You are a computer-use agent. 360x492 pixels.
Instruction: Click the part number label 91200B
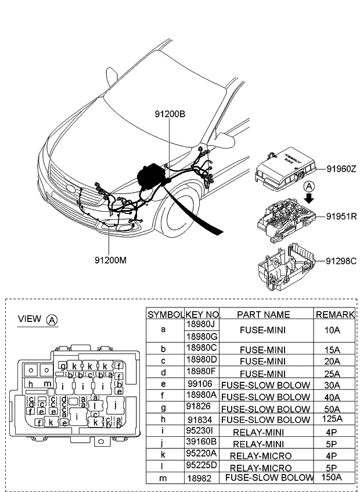pos(170,114)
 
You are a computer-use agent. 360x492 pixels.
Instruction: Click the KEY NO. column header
pos(202,314)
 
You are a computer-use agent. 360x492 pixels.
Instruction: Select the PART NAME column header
pos(263,314)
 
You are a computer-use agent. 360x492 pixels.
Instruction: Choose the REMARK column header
pos(334,314)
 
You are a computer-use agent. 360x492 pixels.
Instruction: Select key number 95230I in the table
pos(201,432)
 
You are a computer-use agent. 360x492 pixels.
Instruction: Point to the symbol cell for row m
pos(164,477)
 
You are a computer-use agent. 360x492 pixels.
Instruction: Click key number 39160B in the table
pos(201,443)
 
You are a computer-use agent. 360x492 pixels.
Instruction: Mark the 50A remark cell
pos(334,408)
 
